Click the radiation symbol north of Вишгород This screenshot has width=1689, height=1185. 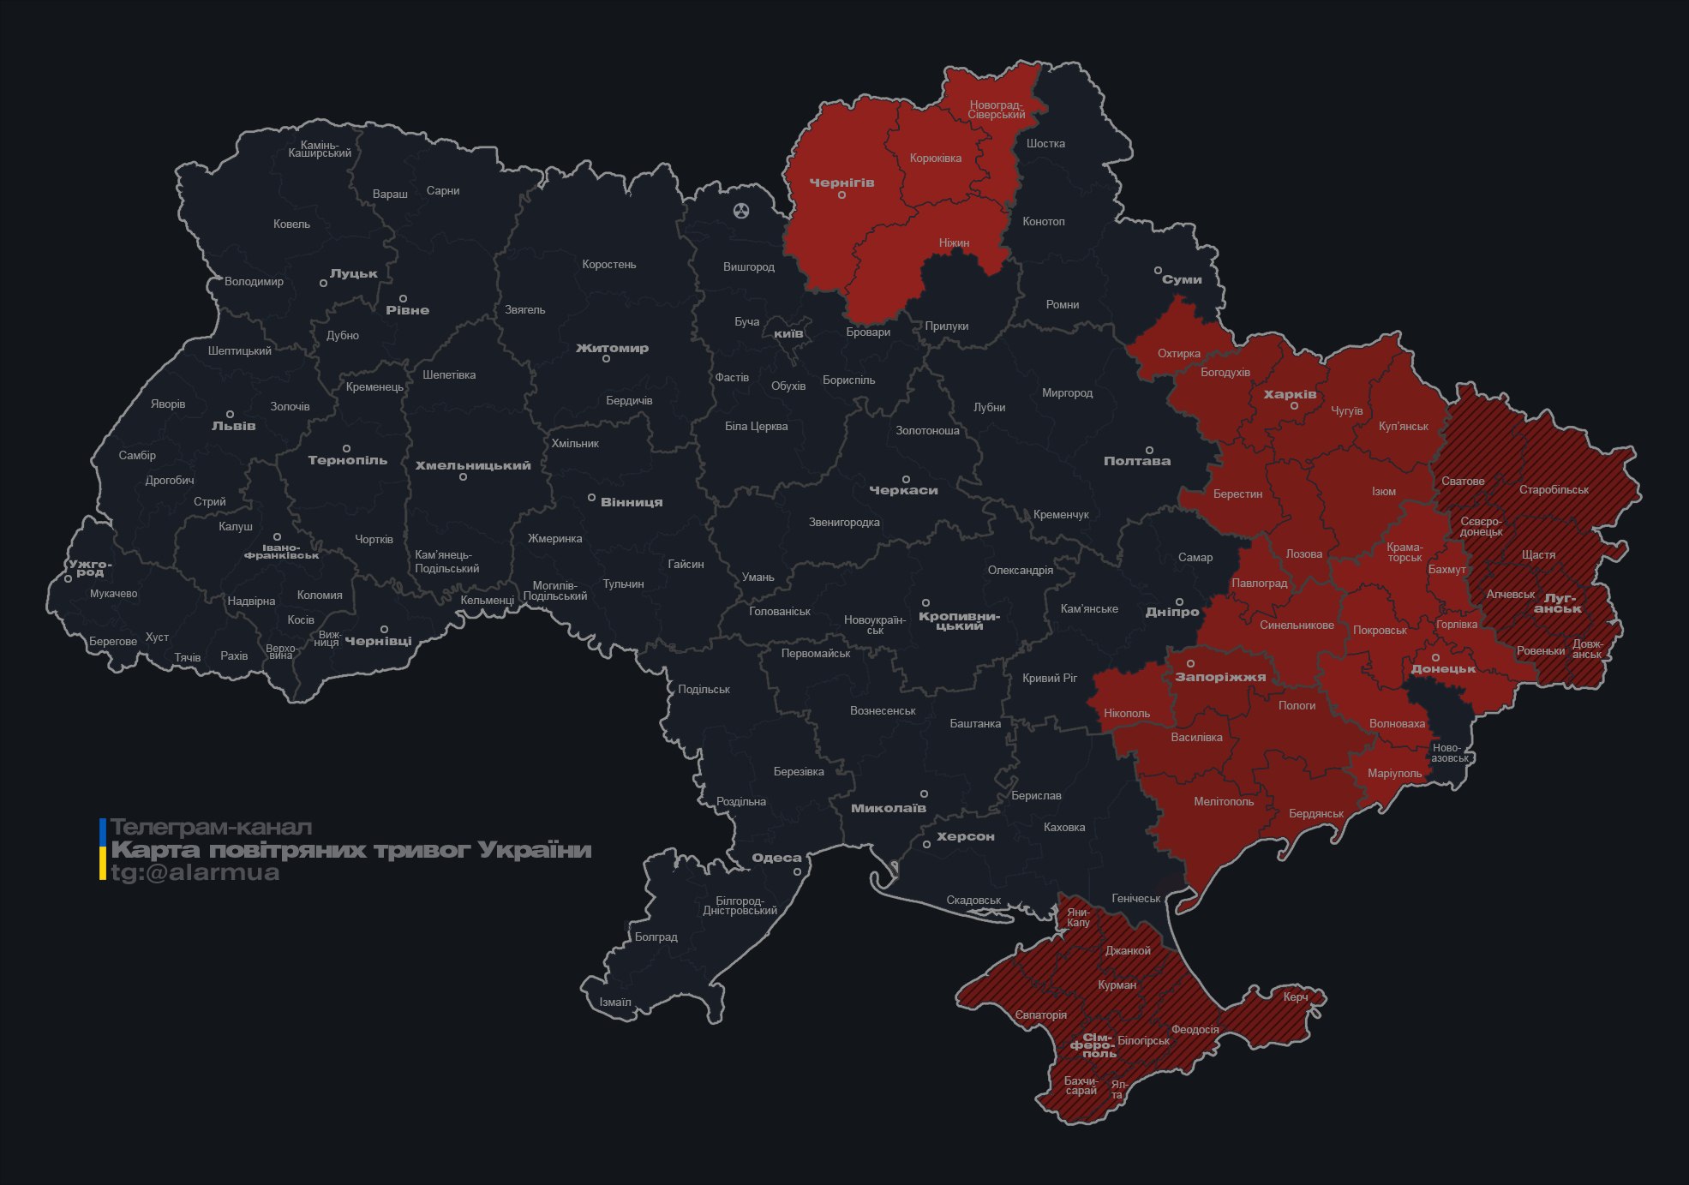point(741,210)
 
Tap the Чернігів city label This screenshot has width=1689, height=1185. point(842,183)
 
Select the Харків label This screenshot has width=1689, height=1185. point(1290,394)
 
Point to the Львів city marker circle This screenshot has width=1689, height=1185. point(230,414)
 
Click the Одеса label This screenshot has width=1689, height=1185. point(776,858)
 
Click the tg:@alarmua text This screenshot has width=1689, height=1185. point(195,872)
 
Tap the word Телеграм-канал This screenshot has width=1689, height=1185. point(211,828)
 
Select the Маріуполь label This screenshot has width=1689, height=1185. point(1394,773)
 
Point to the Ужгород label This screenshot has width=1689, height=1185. point(90,568)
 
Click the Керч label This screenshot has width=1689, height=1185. point(1295,996)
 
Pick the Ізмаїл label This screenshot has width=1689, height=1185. point(614,1002)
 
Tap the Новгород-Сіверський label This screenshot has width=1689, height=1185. point(997,110)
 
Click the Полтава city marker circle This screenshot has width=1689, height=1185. point(1149,450)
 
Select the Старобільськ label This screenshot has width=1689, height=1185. point(1554,490)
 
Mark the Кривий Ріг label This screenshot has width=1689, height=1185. point(1049,678)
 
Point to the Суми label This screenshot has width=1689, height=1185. point(1182,279)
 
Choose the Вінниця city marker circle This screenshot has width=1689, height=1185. point(591,497)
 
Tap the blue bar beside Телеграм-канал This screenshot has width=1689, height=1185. point(103,830)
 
